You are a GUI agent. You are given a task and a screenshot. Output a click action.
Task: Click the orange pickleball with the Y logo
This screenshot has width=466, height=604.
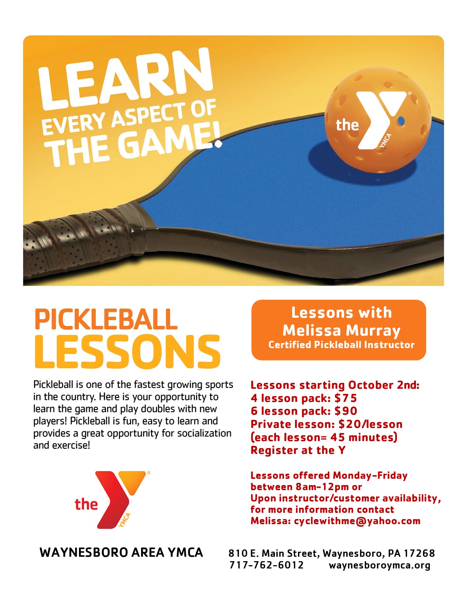tap(378, 120)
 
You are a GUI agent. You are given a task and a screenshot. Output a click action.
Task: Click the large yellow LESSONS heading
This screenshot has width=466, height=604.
tap(128, 352)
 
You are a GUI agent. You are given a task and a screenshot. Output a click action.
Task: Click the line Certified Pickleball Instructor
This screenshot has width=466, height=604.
tap(341, 345)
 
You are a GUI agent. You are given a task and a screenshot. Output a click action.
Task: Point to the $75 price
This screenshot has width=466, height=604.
tap(345, 398)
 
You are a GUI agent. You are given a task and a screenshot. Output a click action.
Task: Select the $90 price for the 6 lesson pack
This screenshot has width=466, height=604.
tap(346, 411)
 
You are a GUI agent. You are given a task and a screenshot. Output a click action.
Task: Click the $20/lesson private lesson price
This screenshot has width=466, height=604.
tap(371, 424)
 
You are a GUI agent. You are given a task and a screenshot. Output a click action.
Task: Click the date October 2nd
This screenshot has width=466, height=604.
tap(383, 385)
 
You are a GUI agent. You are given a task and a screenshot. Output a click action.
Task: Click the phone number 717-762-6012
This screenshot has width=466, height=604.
tap(266, 565)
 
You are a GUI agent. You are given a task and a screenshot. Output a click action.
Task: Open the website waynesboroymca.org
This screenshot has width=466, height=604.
tap(380, 565)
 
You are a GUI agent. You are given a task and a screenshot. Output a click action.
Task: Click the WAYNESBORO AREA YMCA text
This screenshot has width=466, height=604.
tap(121, 552)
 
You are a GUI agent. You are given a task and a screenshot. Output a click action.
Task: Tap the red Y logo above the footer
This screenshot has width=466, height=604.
tap(113, 499)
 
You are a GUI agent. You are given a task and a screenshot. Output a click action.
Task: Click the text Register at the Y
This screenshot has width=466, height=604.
tap(298, 450)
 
